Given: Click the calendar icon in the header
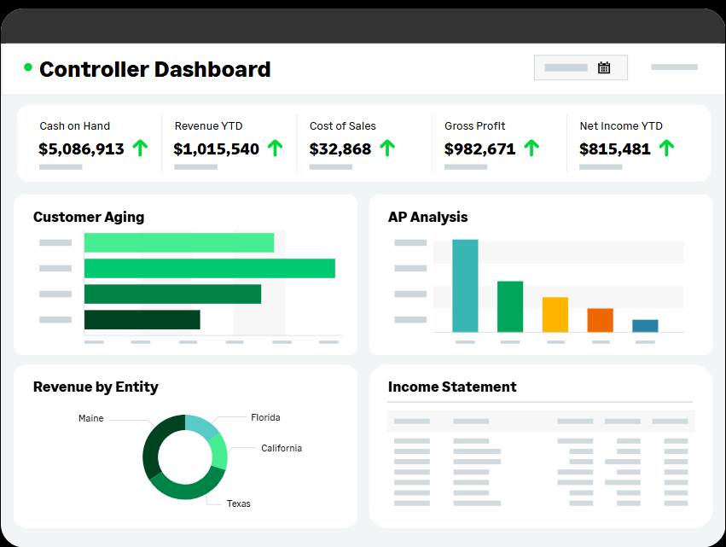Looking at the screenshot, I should click(604, 67).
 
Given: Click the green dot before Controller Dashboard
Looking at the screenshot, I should click(28, 67).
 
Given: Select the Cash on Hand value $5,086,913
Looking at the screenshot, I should click(81, 148).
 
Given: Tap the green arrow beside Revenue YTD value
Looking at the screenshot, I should click(275, 148).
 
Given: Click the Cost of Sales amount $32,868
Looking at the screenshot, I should click(340, 148).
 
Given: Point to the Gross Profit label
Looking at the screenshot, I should click(474, 125).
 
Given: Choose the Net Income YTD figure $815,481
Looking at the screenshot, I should click(614, 148).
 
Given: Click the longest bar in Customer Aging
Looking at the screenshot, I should click(209, 268).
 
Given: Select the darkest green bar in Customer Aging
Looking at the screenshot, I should click(142, 319).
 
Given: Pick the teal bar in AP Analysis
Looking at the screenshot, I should click(465, 285).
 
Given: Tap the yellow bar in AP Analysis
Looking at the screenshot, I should click(555, 314).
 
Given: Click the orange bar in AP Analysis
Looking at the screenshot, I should click(600, 320).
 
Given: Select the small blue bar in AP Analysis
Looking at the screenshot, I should click(645, 325).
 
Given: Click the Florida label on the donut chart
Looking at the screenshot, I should click(265, 417).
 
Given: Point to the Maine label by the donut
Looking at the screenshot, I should click(90, 418).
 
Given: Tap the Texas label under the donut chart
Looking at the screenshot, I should click(238, 503).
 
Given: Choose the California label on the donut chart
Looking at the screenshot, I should click(281, 448).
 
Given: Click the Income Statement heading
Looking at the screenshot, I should click(452, 387).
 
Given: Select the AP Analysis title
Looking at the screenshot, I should click(427, 217).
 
